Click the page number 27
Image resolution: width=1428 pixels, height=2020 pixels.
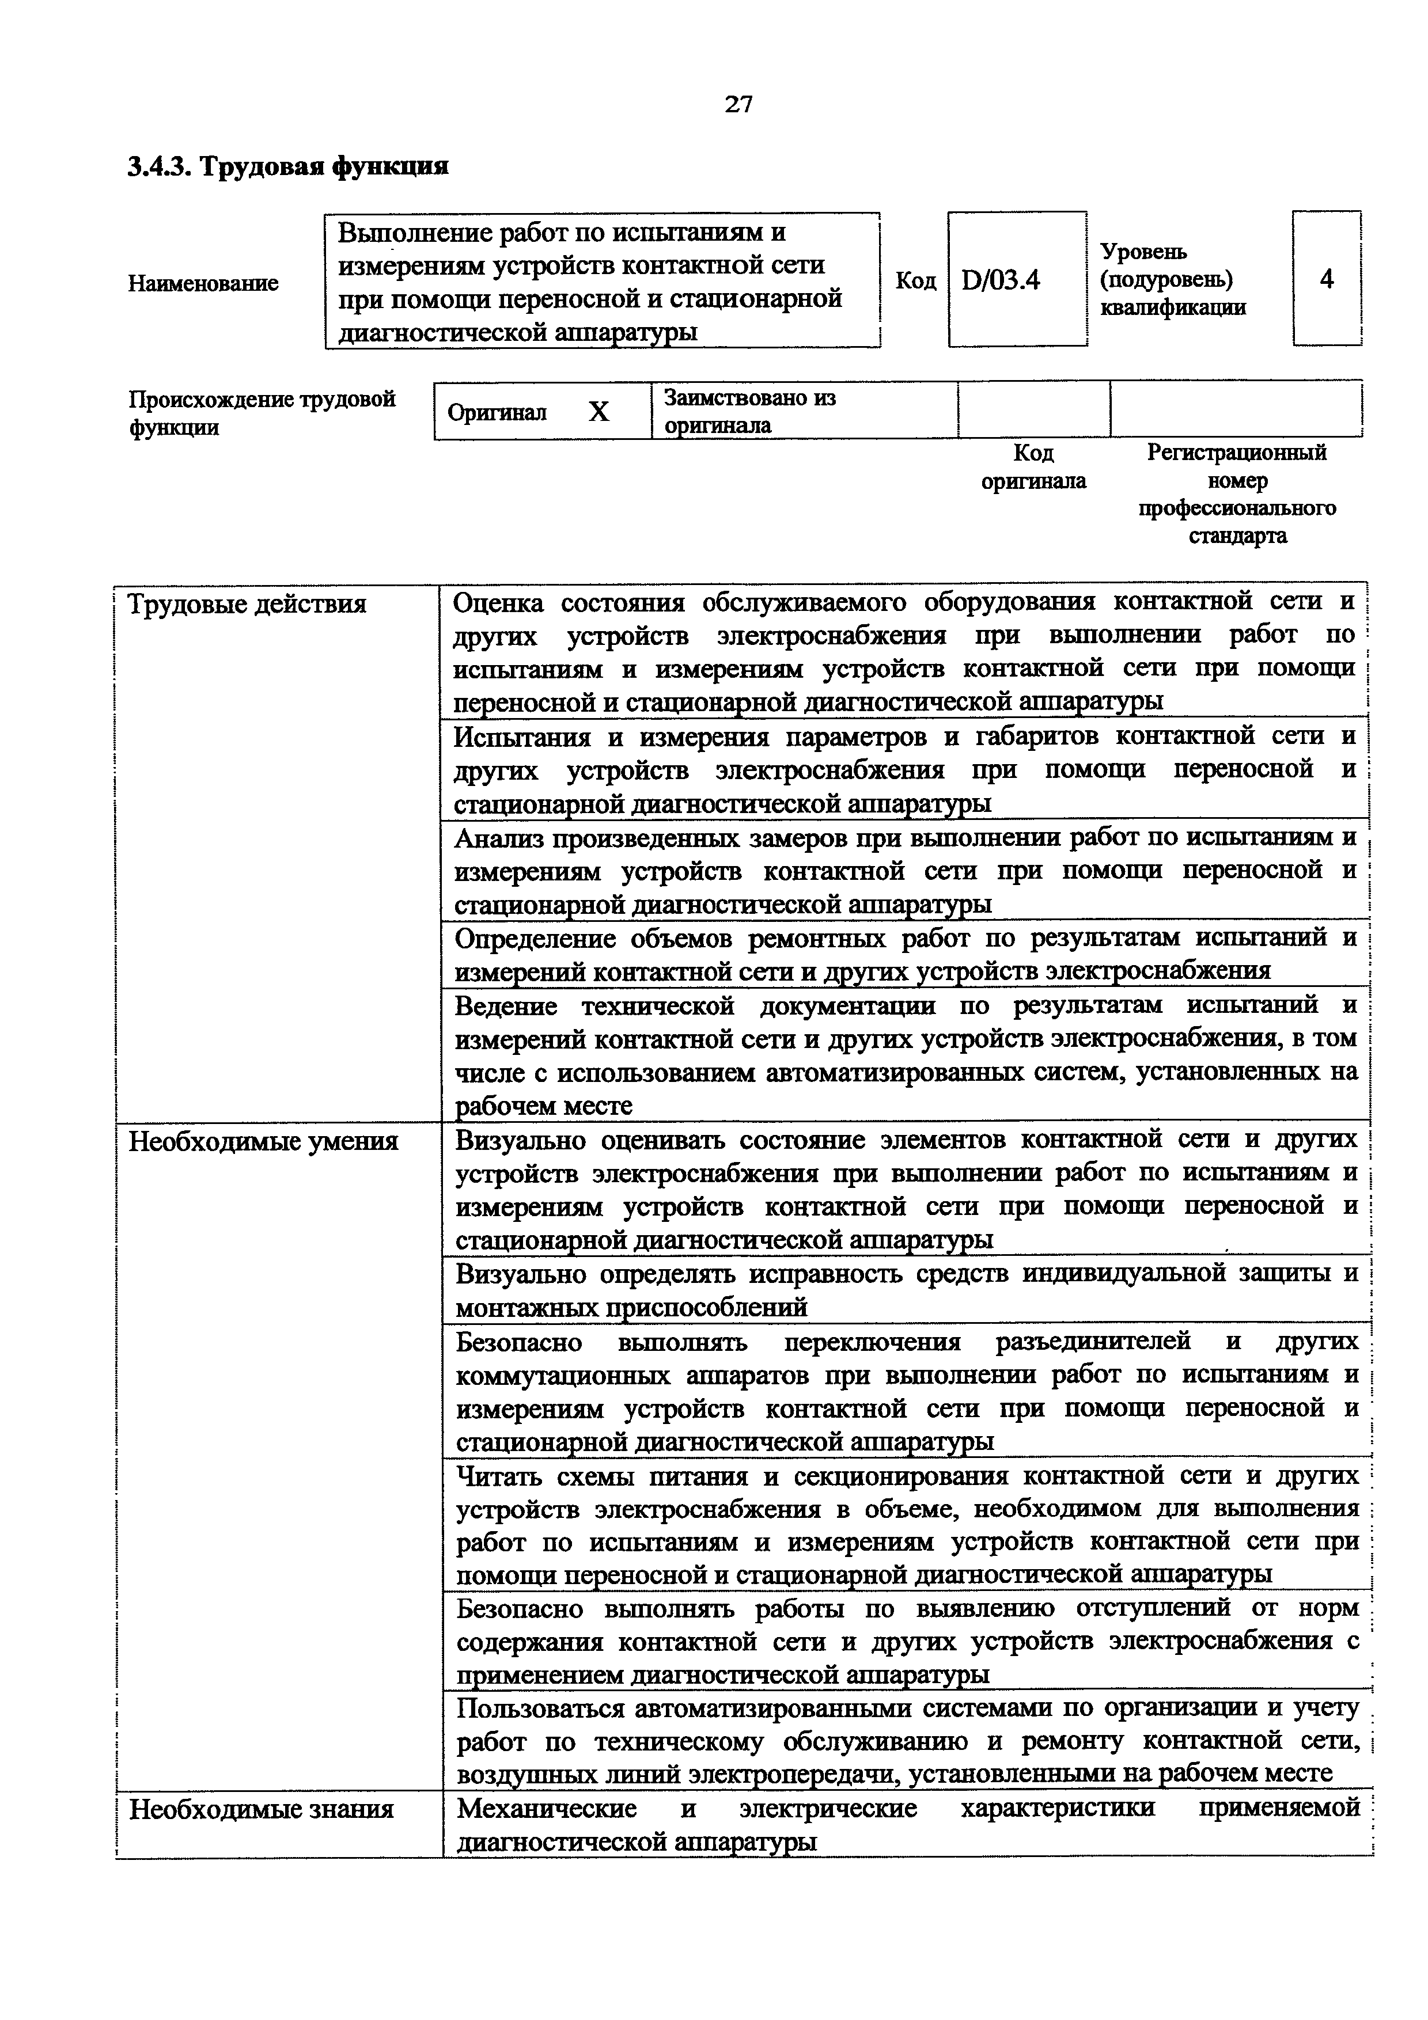[738, 105]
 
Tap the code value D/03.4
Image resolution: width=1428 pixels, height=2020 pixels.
[1001, 280]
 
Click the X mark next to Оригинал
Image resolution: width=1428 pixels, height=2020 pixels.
[599, 412]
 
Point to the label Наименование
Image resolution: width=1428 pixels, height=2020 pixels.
[203, 283]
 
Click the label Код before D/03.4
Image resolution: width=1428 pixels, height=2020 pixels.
[915, 280]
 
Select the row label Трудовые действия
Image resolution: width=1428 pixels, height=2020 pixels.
[247, 605]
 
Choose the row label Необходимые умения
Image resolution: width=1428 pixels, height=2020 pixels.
[263, 1141]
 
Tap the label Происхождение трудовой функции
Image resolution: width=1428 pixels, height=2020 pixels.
[262, 413]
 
